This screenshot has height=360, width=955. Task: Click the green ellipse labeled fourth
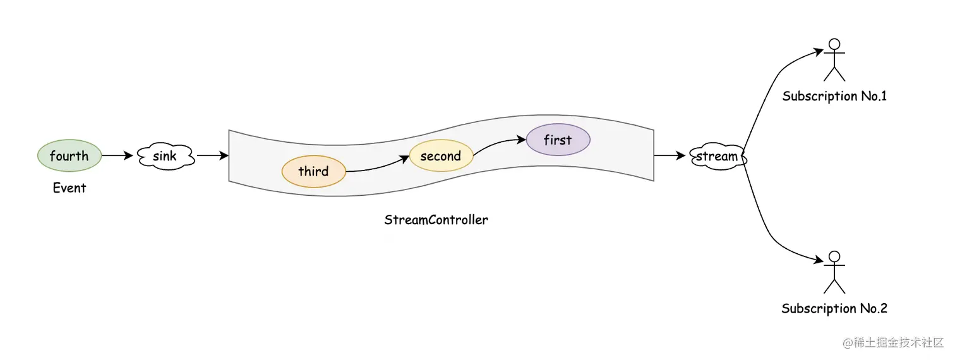coord(69,155)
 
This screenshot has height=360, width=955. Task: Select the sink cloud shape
coord(165,155)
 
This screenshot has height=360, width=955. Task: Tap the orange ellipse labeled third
coord(313,171)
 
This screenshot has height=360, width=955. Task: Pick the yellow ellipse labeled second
coord(441,156)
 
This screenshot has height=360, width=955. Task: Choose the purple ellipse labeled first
coord(558,140)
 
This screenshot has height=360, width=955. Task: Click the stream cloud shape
coord(717,156)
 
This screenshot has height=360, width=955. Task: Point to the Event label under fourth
coord(69,188)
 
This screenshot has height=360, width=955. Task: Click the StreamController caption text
coord(436,220)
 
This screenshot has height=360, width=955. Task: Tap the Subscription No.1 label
coord(834,96)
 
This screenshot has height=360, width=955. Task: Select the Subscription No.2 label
coord(834,308)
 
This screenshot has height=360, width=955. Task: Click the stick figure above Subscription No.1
coord(834,60)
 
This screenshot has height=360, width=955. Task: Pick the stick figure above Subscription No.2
coord(834,272)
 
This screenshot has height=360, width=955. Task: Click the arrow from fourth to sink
coord(117,155)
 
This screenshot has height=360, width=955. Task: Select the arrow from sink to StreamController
coord(212,155)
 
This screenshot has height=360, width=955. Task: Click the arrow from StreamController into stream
coord(670,155)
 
